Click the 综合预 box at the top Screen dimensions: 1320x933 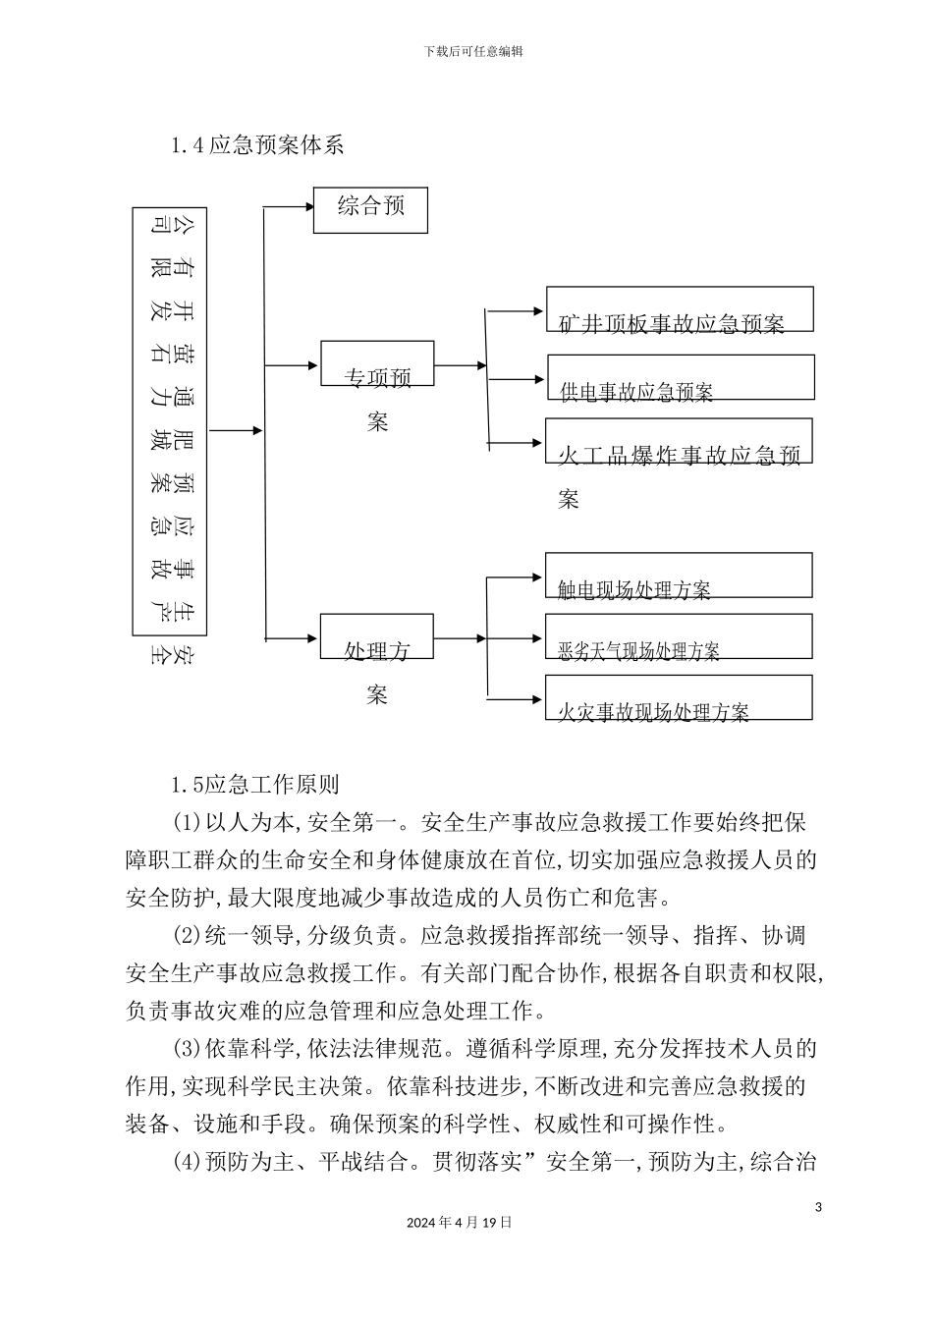click(x=370, y=209)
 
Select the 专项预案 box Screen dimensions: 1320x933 click(x=377, y=364)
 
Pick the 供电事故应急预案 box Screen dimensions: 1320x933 click(x=680, y=377)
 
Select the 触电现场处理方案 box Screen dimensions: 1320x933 click(x=678, y=576)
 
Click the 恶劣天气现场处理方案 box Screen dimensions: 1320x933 click(x=678, y=636)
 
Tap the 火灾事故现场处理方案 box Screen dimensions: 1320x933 click(x=678, y=697)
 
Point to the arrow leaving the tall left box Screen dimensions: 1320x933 click(x=236, y=430)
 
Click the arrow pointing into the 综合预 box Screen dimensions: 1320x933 click(x=289, y=206)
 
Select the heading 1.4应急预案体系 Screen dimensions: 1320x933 click(x=256, y=146)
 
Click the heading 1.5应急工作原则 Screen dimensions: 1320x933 click(x=254, y=785)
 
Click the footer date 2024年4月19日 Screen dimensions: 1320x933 click(x=459, y=1223)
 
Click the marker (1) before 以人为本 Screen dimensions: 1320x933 click(x=188, y=822)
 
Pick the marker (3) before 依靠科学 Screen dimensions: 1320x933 click(x=188, y=1049)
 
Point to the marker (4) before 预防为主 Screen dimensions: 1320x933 click(x=188, y=1163)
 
